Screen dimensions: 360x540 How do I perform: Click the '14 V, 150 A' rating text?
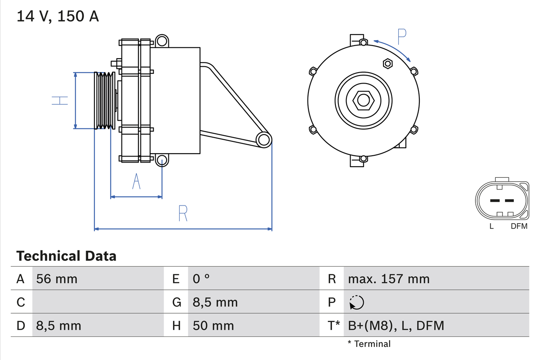58,16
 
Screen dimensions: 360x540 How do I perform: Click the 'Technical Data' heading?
66,256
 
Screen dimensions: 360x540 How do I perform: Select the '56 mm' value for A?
57,279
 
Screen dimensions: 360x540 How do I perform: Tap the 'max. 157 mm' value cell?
389,279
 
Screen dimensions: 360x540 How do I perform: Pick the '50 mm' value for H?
213,325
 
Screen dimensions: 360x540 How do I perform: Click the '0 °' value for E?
201,279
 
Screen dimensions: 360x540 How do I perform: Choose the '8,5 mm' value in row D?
59,325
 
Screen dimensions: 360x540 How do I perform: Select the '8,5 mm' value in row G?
215,302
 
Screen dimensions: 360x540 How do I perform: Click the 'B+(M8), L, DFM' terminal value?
396,325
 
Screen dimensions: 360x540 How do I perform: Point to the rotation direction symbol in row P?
356,302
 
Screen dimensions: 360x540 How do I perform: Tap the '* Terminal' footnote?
369,344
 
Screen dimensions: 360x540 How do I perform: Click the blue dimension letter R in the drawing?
183,214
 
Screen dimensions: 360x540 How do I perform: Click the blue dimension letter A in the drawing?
136,181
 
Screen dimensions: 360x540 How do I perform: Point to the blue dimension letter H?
60,100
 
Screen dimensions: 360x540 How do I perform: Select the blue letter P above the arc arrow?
402,37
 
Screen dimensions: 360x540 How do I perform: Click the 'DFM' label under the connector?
519,226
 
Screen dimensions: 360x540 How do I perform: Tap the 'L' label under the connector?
491,226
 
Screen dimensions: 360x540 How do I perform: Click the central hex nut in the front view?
363,100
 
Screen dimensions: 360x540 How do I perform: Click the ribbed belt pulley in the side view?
104,100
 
